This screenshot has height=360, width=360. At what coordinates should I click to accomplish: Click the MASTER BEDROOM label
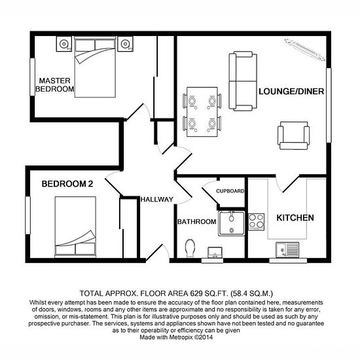pos(55,84)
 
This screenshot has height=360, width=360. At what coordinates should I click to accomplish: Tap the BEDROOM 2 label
pos(67,184)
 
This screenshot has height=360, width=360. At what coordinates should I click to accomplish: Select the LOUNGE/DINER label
pos(291,92)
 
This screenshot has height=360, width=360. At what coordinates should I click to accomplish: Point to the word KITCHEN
pos(295,218)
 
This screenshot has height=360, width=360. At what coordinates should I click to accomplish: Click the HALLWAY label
pos(157,199)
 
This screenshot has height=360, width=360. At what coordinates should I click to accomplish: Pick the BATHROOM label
pos(197,221)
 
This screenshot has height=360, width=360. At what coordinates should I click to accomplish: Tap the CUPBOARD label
pos(230,191)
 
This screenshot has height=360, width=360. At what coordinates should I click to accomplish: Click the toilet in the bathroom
pos(190,248)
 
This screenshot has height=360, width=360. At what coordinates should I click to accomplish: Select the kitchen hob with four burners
pos(256,221)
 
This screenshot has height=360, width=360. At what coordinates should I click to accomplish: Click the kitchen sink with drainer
pos(287,250)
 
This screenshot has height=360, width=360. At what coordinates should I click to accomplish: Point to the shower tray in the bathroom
pos(232,223)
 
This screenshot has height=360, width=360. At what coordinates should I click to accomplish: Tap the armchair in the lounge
pos(293,135)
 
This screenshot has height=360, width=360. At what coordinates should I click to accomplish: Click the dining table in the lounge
pos(202,112)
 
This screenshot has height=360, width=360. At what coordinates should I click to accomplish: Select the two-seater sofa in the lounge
pos(243,81)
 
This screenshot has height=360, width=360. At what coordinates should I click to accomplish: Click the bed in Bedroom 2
pos(75,226)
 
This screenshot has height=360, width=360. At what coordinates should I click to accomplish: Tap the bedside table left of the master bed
pos(64,44)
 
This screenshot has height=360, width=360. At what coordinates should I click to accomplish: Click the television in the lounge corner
pos(304,50)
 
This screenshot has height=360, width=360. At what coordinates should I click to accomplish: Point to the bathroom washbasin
pos(215,252)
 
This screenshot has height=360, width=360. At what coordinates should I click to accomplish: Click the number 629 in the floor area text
pos(196,293)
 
